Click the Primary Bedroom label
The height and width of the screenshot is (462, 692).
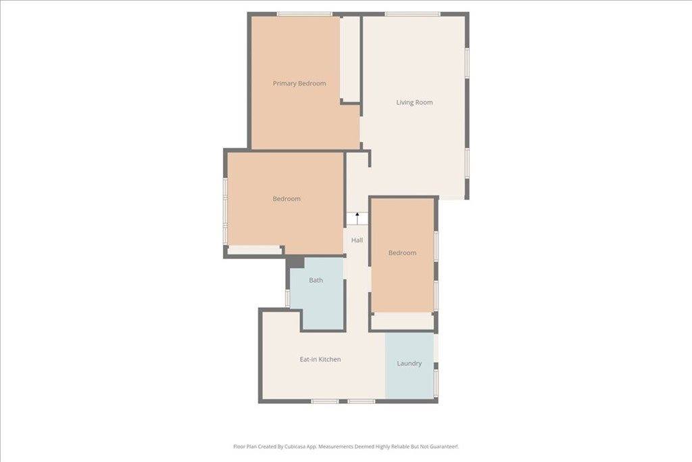(x=299, y=84)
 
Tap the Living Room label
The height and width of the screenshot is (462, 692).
(x=414, y=103)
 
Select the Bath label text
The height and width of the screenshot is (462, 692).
(x=316, y=280)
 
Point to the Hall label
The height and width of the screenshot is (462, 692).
(x=357, y=240)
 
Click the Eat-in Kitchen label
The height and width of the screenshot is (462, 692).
(x=320, y=359)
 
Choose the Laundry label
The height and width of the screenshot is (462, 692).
(x=410, y=363)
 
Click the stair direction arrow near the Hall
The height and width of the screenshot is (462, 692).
(x=357, y=217)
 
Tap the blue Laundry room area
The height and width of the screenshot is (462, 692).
(x=410, y=382)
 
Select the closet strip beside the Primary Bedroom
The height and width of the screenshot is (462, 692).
(x=349, y=57)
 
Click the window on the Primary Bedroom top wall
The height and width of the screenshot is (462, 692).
(x=304, y=14)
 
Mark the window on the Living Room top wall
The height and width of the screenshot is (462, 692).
(x=412, y=14)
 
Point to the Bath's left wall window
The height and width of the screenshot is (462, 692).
(x=288, y=298)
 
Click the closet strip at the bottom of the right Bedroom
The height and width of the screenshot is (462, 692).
(x=403, y=321)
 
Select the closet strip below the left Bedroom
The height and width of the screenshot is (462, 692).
(x=254, y=250)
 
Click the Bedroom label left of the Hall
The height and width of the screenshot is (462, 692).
(x=287, y=199)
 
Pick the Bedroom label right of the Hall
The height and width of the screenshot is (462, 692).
(x=402, y=253)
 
